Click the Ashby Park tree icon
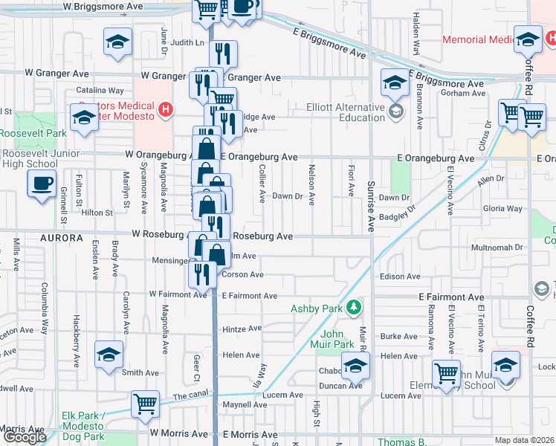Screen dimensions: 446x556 pos(356,306)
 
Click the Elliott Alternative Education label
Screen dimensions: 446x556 pos(346,112)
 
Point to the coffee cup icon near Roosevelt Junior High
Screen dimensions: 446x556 pos(42,183)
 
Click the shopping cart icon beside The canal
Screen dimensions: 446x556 pos(145,404)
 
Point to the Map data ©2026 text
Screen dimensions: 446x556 pos(524,440)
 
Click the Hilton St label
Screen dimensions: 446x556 pos(97,213)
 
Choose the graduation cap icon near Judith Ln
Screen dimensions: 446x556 pos(117,42)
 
